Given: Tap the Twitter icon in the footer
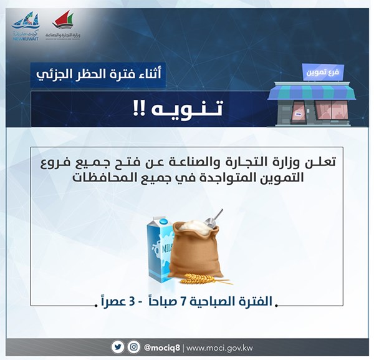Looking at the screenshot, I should click(118, 347).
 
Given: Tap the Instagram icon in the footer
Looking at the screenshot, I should click(133, 347).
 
